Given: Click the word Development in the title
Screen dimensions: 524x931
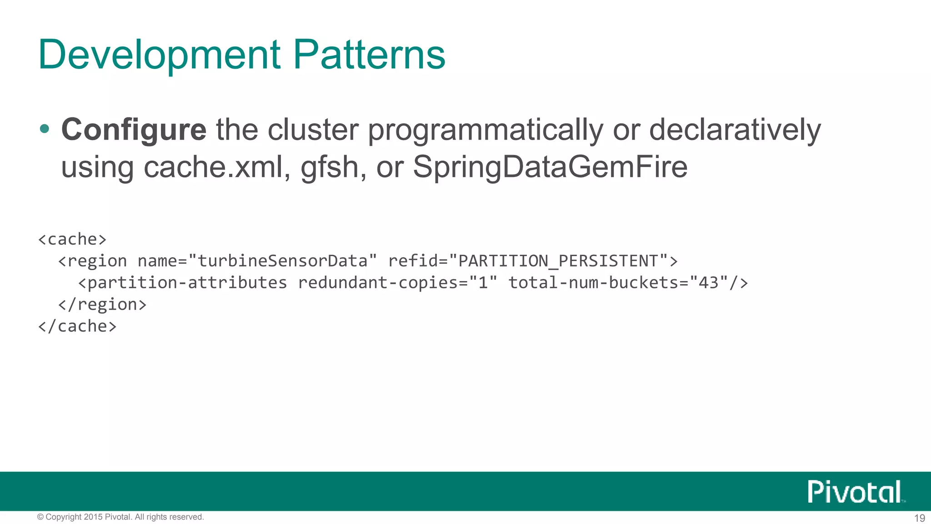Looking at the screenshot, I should click(160, 55).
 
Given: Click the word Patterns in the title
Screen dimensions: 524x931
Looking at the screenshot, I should click(369, 55).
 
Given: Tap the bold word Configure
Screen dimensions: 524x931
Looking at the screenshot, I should click(134, 130).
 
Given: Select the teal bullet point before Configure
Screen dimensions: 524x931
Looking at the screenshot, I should click(45, 129).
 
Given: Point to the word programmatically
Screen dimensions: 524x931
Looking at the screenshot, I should click(485, 131).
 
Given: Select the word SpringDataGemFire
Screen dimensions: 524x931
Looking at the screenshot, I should click(550, 167).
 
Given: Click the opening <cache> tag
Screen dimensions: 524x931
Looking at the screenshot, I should click(72, 239).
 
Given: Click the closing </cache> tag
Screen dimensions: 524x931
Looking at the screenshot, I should click(77, 326).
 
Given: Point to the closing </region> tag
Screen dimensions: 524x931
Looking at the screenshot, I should click(102, 304).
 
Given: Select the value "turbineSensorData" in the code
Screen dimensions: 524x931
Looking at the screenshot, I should click(282, 261).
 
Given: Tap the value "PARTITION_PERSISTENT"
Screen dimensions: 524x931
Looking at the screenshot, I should click(558, 261).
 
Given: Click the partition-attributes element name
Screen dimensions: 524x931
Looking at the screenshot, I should click(187, 283).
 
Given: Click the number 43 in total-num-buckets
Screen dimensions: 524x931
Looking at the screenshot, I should click(708, 283).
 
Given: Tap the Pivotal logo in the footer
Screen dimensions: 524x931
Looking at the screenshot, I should click(855, 492).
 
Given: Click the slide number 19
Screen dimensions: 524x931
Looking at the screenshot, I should click(919, 518).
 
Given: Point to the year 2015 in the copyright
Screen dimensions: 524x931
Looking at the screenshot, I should click(93, 517).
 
